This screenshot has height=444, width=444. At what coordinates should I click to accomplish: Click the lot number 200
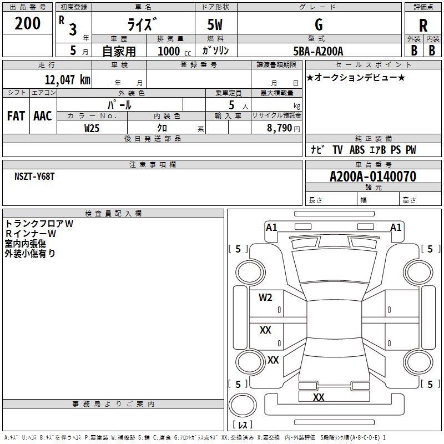(x=28, y=24)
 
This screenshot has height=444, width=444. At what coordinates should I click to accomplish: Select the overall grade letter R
(x=423, y=26)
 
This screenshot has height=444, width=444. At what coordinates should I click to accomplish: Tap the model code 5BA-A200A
(x=318, y=51)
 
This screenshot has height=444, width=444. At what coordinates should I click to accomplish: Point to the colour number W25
(x=92, y=128)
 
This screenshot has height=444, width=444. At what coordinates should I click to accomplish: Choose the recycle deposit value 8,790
(x=276, y=128)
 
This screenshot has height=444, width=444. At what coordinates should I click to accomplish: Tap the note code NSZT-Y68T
(x=35, y=176)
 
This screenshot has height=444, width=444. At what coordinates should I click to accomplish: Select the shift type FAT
(x=16, y=115)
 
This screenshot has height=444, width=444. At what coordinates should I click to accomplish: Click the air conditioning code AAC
(x=43, y=115)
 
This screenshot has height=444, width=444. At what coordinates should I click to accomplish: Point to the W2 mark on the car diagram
(x=265, y=297)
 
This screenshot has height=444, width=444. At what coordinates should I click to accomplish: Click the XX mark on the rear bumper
(x=319, y=397)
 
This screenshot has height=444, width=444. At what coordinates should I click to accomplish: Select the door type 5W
(x=215, y=25)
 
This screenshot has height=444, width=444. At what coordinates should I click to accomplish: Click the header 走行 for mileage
(x=47, y=64)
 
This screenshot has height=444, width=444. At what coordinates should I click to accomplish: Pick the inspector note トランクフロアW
(x=39, y=224)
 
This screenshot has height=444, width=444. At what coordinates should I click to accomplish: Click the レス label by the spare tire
(x=242, y=425)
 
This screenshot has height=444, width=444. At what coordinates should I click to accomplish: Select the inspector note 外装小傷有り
(x=30, y=254)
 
